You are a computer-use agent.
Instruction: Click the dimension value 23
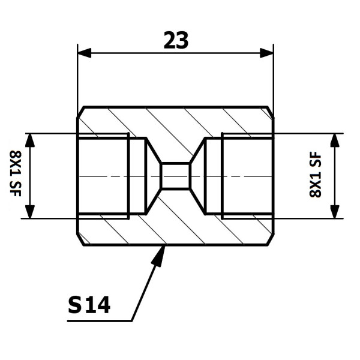click(x=176, y=40)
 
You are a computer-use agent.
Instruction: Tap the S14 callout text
click(x=89, y=305)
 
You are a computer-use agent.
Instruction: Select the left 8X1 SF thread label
click(x=16, y=173)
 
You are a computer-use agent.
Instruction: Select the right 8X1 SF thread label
click(x=316, y=174)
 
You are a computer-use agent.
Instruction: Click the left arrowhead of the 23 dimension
click(x=85, y=53)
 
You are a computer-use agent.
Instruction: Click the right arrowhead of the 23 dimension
click(x=266, y=53)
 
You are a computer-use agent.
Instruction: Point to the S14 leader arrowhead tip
click(x=164, y=246)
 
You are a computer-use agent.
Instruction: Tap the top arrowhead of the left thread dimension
click(x=29, y=140)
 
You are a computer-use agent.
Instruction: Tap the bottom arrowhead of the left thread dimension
click(x=29, y=212)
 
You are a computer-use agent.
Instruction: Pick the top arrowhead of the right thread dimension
click(x=335, y=140)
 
